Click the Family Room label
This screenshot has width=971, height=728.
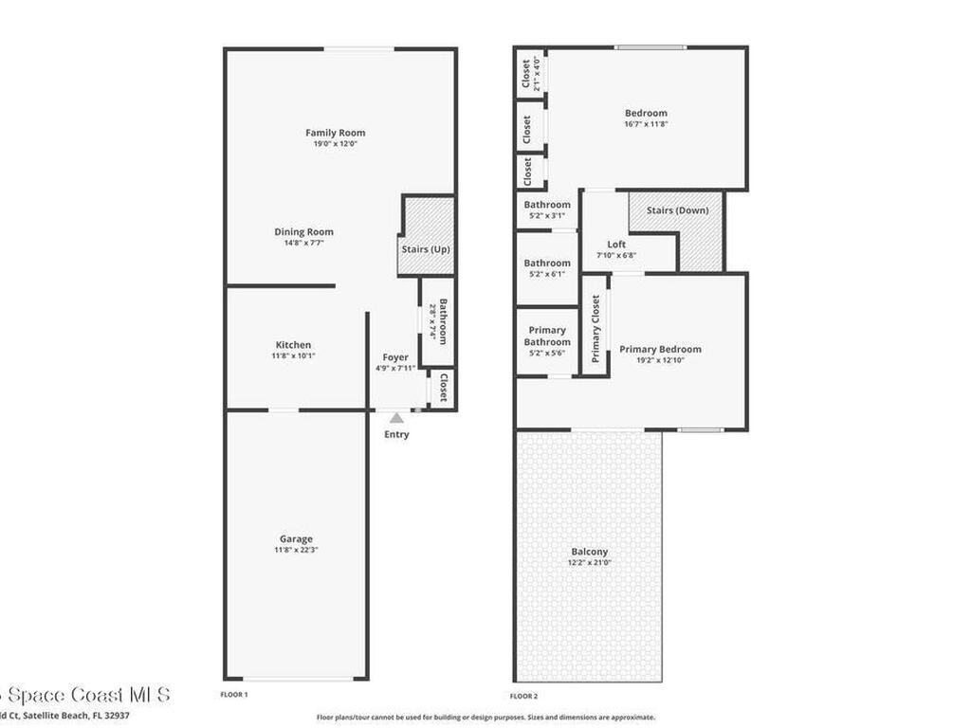click(x=335, y=133)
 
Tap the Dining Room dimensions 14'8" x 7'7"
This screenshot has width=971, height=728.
click(x=303, y=243)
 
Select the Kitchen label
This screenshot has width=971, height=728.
click(x=293, y=345)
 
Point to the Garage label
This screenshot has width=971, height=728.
click(x=293, y=539)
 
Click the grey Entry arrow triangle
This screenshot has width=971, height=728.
click(x=396, y=417)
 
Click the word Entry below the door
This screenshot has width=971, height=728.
click(x=396, y=434)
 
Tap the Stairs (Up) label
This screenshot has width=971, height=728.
click(x=426, y=249)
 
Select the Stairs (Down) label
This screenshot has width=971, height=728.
click(x=677, y=210)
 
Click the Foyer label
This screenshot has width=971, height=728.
click(x=395, y=357)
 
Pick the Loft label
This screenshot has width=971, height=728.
click(x=616, y=245)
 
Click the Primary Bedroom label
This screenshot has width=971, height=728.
click(x=660, y=349)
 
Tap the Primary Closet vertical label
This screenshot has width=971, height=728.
click(x=595, y=329)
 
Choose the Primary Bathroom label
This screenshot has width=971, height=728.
click(x=547, y=337)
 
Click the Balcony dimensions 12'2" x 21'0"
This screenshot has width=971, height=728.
click(x=589, y=562)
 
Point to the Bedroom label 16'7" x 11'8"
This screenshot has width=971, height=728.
click(x=646, y=114)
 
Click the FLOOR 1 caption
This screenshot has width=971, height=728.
click(x=234, y=695)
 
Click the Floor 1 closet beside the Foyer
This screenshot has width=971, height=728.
click(x=442, y=387)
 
